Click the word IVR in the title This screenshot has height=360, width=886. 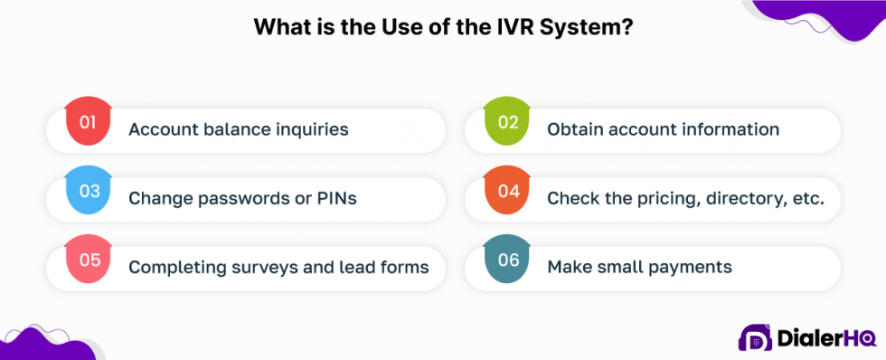tap(514, 26)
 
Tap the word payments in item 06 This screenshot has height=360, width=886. tap(690, 267)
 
